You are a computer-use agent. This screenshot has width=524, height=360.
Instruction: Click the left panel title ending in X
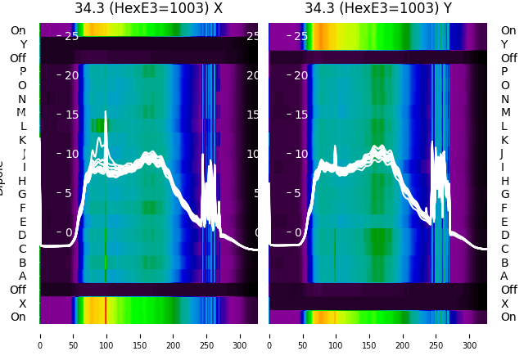click(x=148, y=9)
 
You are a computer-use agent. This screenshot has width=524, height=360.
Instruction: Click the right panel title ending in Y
click(x=378, y=9)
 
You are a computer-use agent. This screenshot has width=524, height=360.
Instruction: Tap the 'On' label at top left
click(x=18, y=30)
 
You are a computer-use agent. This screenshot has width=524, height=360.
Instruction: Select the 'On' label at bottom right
click(x=508, y=317)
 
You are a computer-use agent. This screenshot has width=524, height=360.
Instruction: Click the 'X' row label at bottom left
click(x=22, y=304)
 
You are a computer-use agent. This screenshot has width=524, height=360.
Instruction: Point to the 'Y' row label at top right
click(x=504, y=44)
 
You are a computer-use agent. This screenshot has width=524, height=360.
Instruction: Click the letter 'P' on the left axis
click(x=22, y=71)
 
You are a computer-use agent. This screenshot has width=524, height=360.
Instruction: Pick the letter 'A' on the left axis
click(x=22, y=276)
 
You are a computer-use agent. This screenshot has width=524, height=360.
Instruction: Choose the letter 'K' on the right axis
click(x=504, y=140)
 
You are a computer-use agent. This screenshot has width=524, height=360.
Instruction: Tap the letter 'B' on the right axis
click(x=504, y=263)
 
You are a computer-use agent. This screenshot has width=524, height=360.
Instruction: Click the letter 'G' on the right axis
click(x=504, y=194)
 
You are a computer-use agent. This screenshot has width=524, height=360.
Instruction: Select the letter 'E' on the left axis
click(x=22, y=222)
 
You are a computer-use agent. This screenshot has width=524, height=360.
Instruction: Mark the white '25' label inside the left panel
click(x=71, y=36)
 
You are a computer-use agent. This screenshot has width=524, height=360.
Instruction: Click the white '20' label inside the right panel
click(x=300, y=75)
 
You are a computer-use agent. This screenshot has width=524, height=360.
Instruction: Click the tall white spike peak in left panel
click(x=106, y=112)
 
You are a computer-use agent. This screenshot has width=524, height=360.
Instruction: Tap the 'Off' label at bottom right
click(x=508, y=290)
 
